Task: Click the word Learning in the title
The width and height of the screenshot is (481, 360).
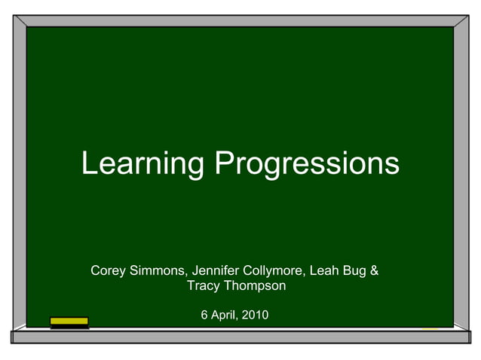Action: tap(142, 163)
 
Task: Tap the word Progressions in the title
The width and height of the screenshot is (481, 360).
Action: tap(307, 163)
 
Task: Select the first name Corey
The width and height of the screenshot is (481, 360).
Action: tap(108, 270)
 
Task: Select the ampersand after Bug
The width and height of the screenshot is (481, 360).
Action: tap(375, 270)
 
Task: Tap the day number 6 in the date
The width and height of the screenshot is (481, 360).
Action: tap(204, 314)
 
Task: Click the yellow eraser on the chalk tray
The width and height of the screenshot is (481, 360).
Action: tap(69, 322)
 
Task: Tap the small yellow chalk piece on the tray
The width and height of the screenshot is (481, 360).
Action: tap(430, 328)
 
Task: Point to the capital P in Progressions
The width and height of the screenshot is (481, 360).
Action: tap(222, 163)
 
